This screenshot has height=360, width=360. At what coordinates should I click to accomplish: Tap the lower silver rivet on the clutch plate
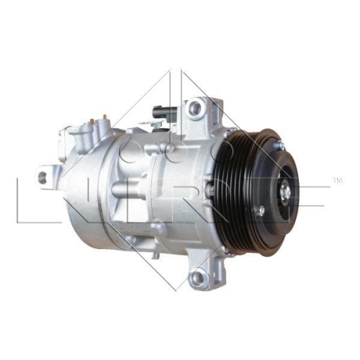pos(261,210)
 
